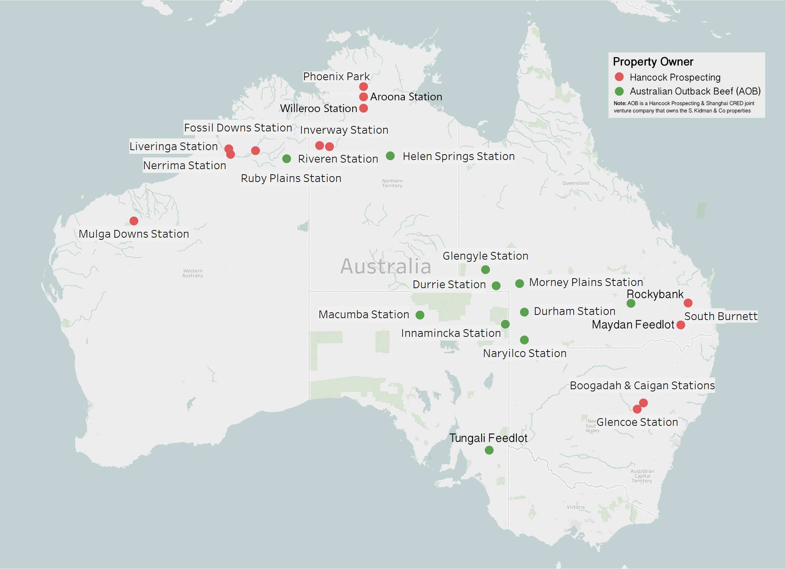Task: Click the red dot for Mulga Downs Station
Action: point(134,221)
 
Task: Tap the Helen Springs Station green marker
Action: point(390,156)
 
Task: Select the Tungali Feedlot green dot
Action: point(489,450)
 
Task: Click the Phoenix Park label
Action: point(336,77)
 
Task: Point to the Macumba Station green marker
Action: point(420,315)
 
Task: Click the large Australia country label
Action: point(385,266)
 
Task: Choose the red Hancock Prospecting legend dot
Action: point(619,77)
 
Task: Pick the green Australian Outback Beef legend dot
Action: point(619,91)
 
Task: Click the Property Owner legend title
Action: point(653,62)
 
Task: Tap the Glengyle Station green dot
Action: point(485,270)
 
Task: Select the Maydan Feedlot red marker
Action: point(681,325)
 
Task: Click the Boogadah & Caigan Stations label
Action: point(642,386)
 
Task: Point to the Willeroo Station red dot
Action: point(363,108)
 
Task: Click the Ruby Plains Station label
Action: point(291,178)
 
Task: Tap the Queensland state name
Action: point(575,183)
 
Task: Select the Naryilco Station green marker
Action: point(524,340)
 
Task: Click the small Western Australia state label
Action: point(192,273)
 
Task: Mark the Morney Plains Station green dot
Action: point(519,283)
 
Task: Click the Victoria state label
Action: point(575,507)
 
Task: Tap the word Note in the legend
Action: point(619,104)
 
